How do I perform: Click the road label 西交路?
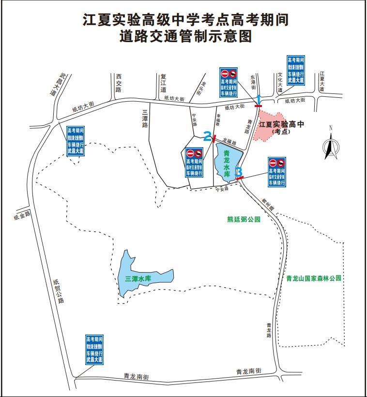pos(118,83)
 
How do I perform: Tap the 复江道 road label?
pos(163,83)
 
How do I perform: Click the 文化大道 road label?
pos(280,83)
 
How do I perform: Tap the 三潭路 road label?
pos(144,118)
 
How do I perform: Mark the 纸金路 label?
pos(22,216)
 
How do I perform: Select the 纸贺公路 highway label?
pos(58,290)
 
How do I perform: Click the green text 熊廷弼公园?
pos(244,219)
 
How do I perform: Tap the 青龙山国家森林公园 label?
pos(314,278)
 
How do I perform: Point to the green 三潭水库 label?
pos(138,279)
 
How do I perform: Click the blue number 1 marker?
pos(259,99)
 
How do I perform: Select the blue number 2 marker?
pos(207,137)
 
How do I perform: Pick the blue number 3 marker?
pos(239,172)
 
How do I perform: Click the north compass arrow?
pos(331,146)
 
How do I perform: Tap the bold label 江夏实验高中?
pos(281,124)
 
